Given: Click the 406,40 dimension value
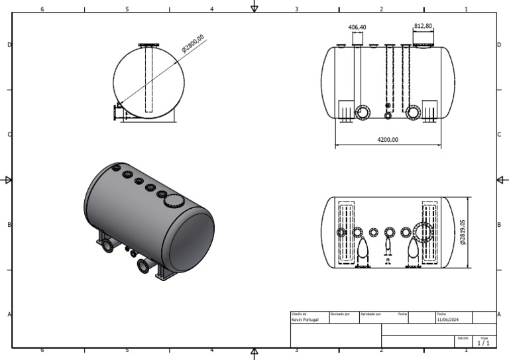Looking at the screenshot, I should pyautogui.click(x=357, y=27).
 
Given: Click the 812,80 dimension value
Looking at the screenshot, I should pyautogui.click(x=423, y=26).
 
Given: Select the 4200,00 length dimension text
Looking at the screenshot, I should pyautogui.click(x=388, y=140).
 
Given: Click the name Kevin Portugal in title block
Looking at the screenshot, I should pyautogui.click(x=306, y=320).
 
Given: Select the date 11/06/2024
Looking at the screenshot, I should pyautogui.click(x=447, y=320).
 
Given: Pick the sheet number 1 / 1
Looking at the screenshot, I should pyautogui.click(x=484, y=343).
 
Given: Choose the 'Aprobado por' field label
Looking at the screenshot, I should pyautogui.click(x=370, y=314).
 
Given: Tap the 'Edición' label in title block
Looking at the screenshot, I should pyautogui.click(x=462, y=338).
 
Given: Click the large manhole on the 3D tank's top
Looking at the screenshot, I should pyautogui.click(x=173, y=202).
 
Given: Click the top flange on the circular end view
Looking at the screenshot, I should pyautogui.click(x=149, y=45).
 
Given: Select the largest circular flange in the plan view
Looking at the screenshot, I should pyautogui.click(x=422, y=233).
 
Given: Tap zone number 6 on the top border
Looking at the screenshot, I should pyautogui.click(x=42, y=9).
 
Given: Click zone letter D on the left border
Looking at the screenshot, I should pyautogui.click(x=9, y=44).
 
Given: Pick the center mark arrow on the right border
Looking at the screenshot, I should pyautogui.click(x=501, y=180).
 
